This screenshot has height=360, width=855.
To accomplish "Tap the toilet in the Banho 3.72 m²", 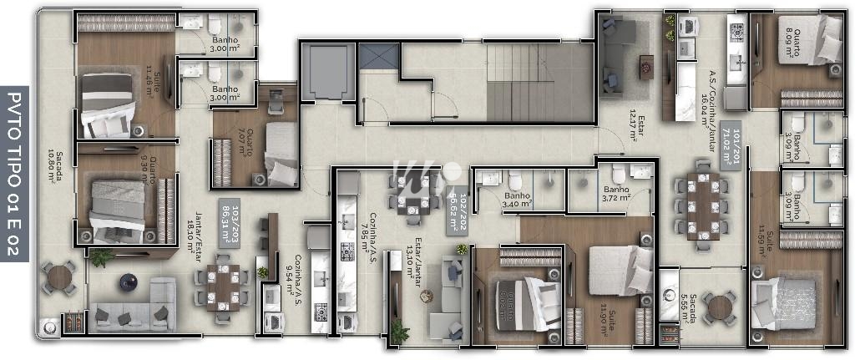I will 619,173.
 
